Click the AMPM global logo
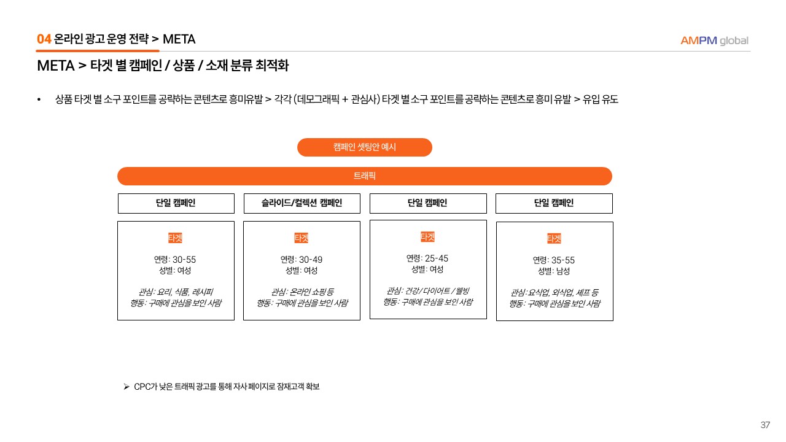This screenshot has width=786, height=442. point(714,41)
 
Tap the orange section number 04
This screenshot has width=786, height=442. point(44,39)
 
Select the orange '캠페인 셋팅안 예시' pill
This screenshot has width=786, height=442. point(365,147)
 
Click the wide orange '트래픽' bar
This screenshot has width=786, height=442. point(365,176)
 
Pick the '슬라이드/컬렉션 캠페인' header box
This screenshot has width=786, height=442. point(302,203)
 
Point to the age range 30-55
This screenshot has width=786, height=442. point(184,260)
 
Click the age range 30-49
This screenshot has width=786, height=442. point(311,260)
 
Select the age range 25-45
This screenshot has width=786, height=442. point(437,258)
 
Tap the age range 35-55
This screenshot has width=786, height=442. point(563,260)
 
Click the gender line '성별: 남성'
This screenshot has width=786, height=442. point(554,271)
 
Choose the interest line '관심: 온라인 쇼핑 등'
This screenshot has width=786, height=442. point(302,292)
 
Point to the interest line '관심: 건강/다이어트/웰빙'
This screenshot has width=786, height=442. point(428,291)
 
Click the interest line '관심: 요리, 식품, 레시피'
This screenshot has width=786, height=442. point(176,292)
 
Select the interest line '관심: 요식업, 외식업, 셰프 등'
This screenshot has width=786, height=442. point(554,293)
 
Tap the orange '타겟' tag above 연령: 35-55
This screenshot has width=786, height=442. point(554,239)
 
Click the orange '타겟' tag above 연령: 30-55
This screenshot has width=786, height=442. point(175,238)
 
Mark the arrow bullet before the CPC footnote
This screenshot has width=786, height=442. point(126,387)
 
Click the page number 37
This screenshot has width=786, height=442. point(765,425)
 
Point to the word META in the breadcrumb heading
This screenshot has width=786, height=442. point(179,39)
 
